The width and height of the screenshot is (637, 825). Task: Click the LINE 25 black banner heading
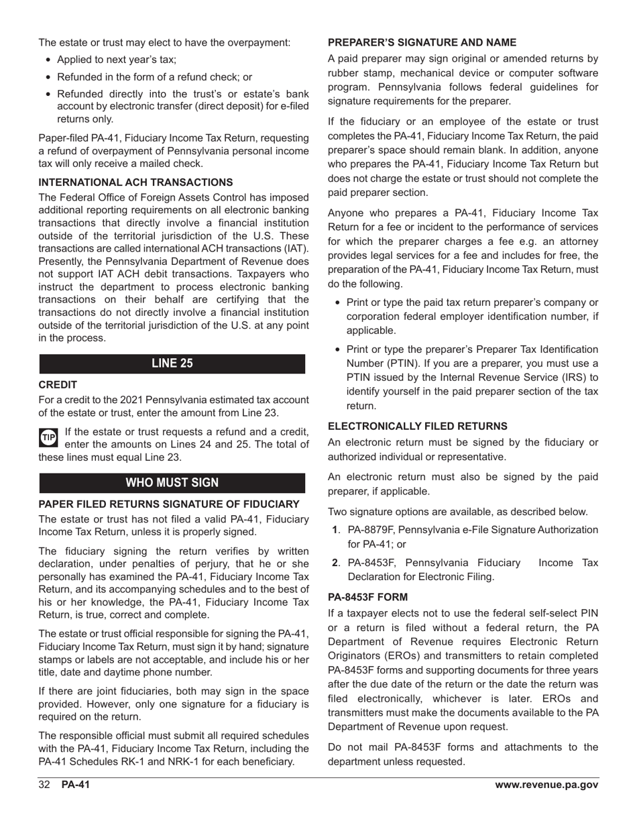click(172, 364)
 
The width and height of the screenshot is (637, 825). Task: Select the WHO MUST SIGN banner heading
click(172, 483)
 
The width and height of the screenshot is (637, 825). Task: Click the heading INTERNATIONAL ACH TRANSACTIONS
click(135, 182)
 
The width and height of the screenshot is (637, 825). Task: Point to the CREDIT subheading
click(58, 385)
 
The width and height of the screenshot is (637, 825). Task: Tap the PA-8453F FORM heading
click(367, 596)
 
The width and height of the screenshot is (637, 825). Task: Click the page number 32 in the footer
click(45, 785)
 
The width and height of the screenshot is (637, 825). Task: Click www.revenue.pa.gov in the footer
click(546, 785)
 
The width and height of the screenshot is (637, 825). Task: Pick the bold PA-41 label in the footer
click(75, 785)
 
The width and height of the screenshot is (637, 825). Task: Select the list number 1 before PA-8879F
click(336, 530)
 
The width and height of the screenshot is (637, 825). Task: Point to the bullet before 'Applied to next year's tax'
click(48, 60)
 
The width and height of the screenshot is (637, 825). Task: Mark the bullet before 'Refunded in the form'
click(48, 77)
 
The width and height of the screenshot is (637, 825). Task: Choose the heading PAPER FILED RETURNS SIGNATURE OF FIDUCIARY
click(169, 504)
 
